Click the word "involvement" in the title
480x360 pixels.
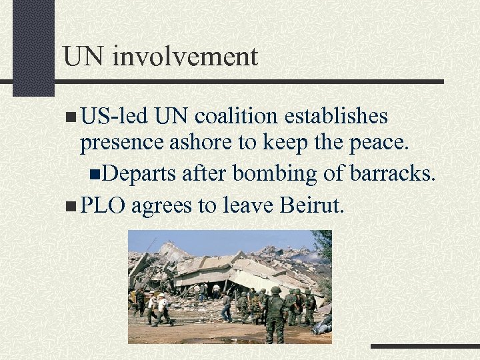(x=185, y=57)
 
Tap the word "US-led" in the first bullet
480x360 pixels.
(x=113, y=117)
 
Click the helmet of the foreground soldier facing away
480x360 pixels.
(x=275, y=291)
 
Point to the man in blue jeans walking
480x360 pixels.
(x=227, y=307)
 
